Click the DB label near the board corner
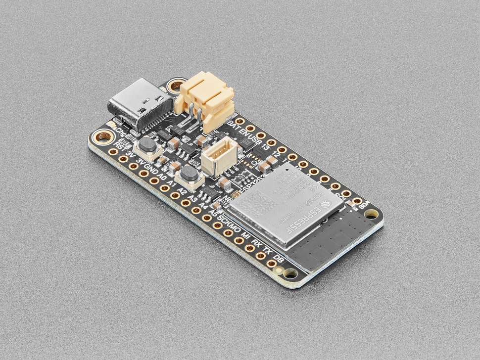(x=279, y=259)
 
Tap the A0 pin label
(x=161, y=176)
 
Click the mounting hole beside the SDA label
(x=371, y=214)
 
